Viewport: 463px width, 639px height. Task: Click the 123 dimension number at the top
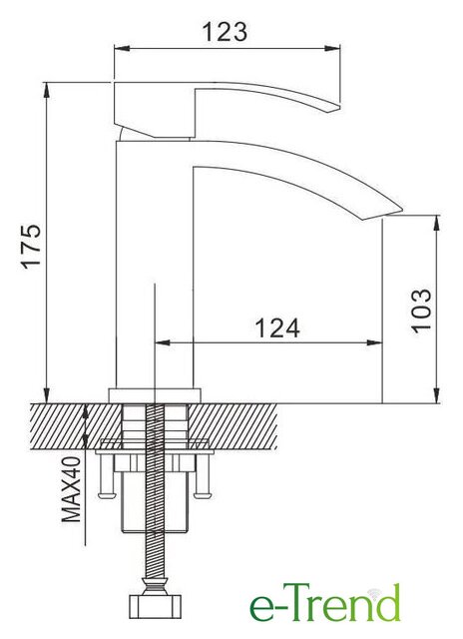click(225, 32)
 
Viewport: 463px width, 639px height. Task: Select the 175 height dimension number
click(31, 246)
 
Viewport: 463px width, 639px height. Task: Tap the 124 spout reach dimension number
click(277, 327)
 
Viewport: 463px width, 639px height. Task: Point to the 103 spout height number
click(421, 311)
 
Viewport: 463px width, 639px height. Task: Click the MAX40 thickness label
click(71, 489)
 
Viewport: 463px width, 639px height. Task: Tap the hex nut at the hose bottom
click(155, 606)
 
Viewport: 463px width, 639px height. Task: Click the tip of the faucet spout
click(401, 211)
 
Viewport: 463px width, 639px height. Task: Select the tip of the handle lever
click(339, 107)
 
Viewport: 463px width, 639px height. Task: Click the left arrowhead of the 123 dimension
click(122, 49)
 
